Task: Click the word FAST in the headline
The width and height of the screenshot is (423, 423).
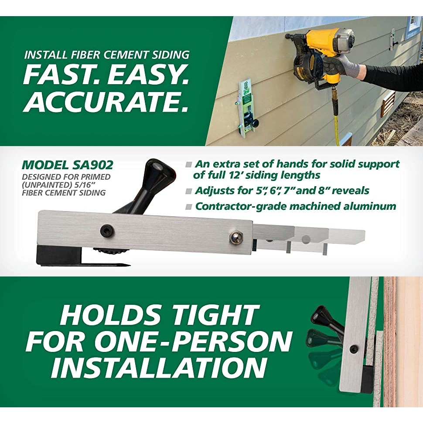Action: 59,75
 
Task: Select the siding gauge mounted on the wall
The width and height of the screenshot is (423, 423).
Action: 246,107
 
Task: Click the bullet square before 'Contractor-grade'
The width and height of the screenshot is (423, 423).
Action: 188,206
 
